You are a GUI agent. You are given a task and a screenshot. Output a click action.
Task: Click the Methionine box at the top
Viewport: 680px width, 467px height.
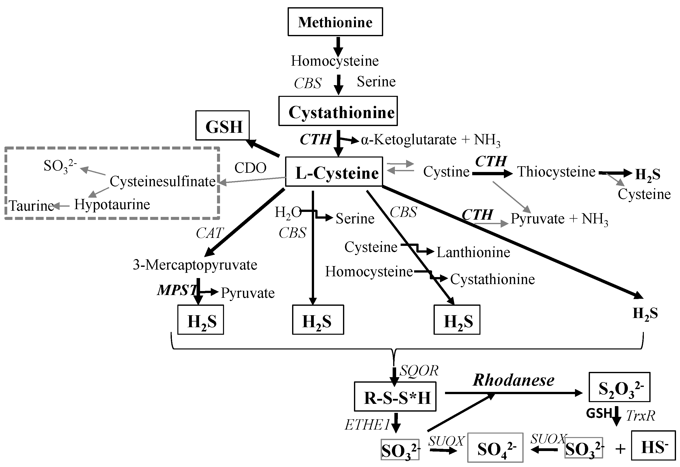[335, 22]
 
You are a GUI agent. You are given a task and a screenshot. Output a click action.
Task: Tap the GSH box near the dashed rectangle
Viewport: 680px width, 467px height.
[222, 126]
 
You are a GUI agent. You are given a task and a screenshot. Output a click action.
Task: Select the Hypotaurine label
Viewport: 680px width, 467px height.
[112, 204]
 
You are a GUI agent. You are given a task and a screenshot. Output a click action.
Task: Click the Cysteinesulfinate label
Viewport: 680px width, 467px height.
[163, 181]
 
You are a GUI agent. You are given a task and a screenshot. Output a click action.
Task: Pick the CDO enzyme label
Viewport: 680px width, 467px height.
[250, 168]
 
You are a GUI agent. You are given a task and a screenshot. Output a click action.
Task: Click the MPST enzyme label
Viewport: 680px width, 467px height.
[177, 290]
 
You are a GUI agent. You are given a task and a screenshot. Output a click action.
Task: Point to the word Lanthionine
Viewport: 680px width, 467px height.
[473, 252]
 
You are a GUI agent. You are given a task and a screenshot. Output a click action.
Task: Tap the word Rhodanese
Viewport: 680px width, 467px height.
[514, 380]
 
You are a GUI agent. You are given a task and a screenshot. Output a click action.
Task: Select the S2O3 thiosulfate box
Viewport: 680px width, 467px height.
[619, 387]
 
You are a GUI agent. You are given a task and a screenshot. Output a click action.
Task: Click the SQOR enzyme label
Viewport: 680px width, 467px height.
[419, 371]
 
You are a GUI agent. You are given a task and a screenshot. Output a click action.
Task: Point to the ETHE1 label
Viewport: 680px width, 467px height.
[367, 425]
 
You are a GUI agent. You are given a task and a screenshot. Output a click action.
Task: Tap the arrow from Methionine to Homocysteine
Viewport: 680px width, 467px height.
[338, 46]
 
